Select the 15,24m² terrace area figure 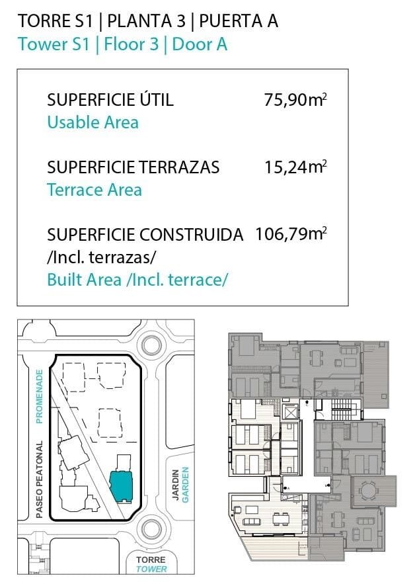(296, 167)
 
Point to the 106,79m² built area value (291, 234)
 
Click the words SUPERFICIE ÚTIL (110, 101)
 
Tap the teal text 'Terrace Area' (95, 190)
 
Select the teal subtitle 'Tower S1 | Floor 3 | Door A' (123, 44)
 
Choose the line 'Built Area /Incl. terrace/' (137, 279)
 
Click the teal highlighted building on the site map (122, 486)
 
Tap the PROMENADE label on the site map (40, 396)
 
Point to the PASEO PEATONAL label (40, 479)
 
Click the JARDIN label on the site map (176, 485)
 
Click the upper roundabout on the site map (151, 345)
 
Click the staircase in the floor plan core (342, 404)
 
